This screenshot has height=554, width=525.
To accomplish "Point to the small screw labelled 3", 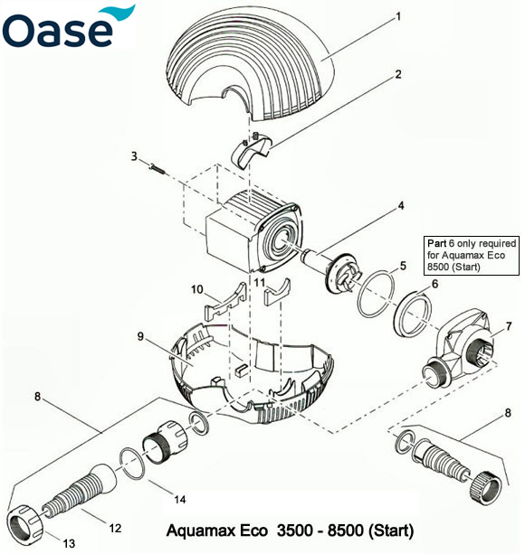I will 157,166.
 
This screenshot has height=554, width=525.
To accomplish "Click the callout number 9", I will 141,335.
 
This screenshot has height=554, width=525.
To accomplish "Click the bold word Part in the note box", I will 438,244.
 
